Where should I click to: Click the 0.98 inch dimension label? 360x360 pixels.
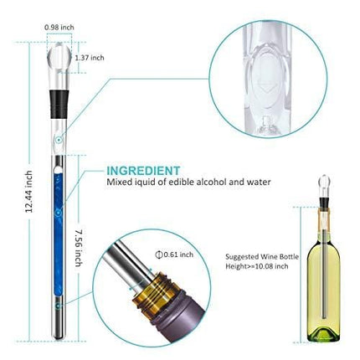click(59, 26)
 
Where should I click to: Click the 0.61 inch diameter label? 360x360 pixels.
click(176, 255)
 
